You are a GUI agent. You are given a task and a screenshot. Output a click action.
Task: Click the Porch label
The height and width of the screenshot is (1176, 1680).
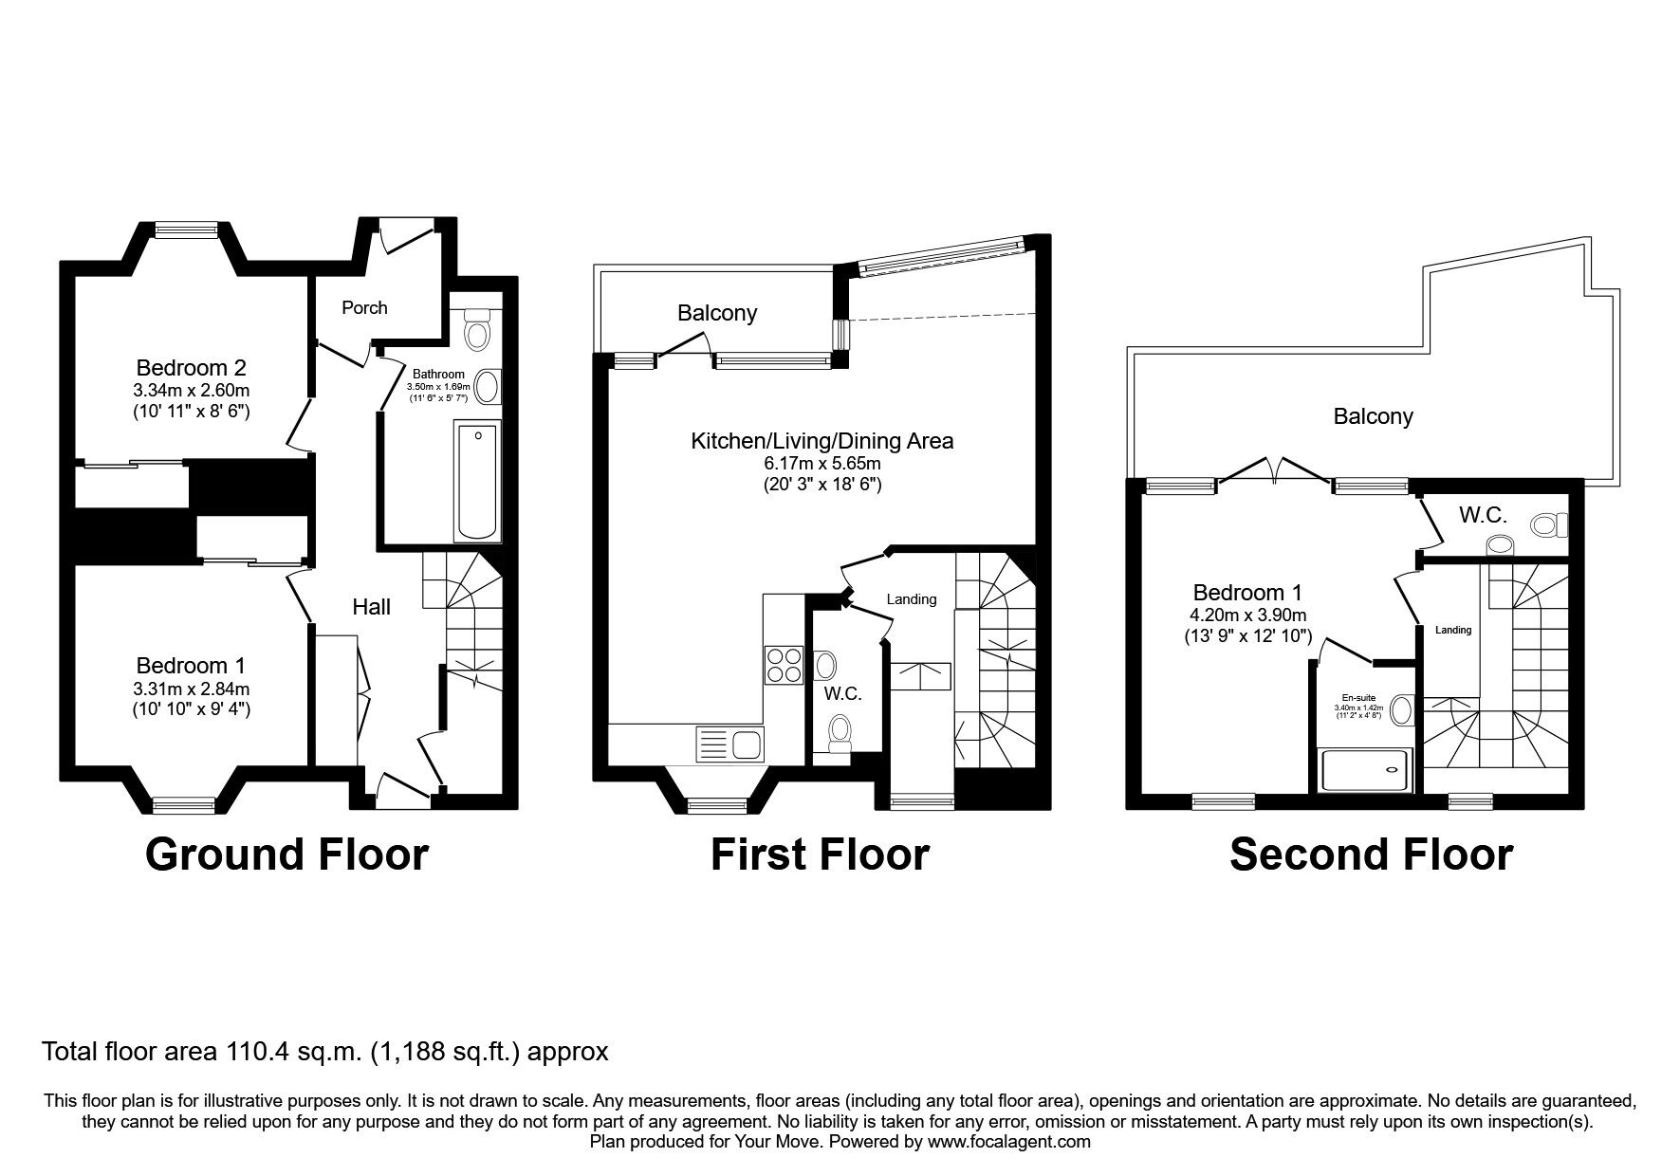click(364, 307)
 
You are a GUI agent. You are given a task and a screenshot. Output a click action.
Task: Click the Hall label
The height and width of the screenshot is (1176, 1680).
click(371, 607)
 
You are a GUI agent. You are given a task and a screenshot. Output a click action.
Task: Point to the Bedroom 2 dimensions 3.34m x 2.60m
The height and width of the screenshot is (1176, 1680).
click(192, 390)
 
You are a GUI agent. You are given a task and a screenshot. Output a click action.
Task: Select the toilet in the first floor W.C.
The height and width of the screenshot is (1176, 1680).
click(840, 734)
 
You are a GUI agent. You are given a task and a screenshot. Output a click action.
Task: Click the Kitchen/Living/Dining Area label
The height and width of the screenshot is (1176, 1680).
click(822, 441)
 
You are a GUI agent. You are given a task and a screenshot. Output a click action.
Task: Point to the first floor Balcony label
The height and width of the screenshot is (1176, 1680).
click(716, 313)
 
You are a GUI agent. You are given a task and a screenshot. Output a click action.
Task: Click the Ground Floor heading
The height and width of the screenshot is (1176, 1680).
click(286, 854)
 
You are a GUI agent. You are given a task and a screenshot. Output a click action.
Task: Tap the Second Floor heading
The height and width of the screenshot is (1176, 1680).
click(1371, 854)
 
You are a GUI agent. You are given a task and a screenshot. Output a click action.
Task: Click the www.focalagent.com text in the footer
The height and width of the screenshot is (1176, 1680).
click(1008, 1142)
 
